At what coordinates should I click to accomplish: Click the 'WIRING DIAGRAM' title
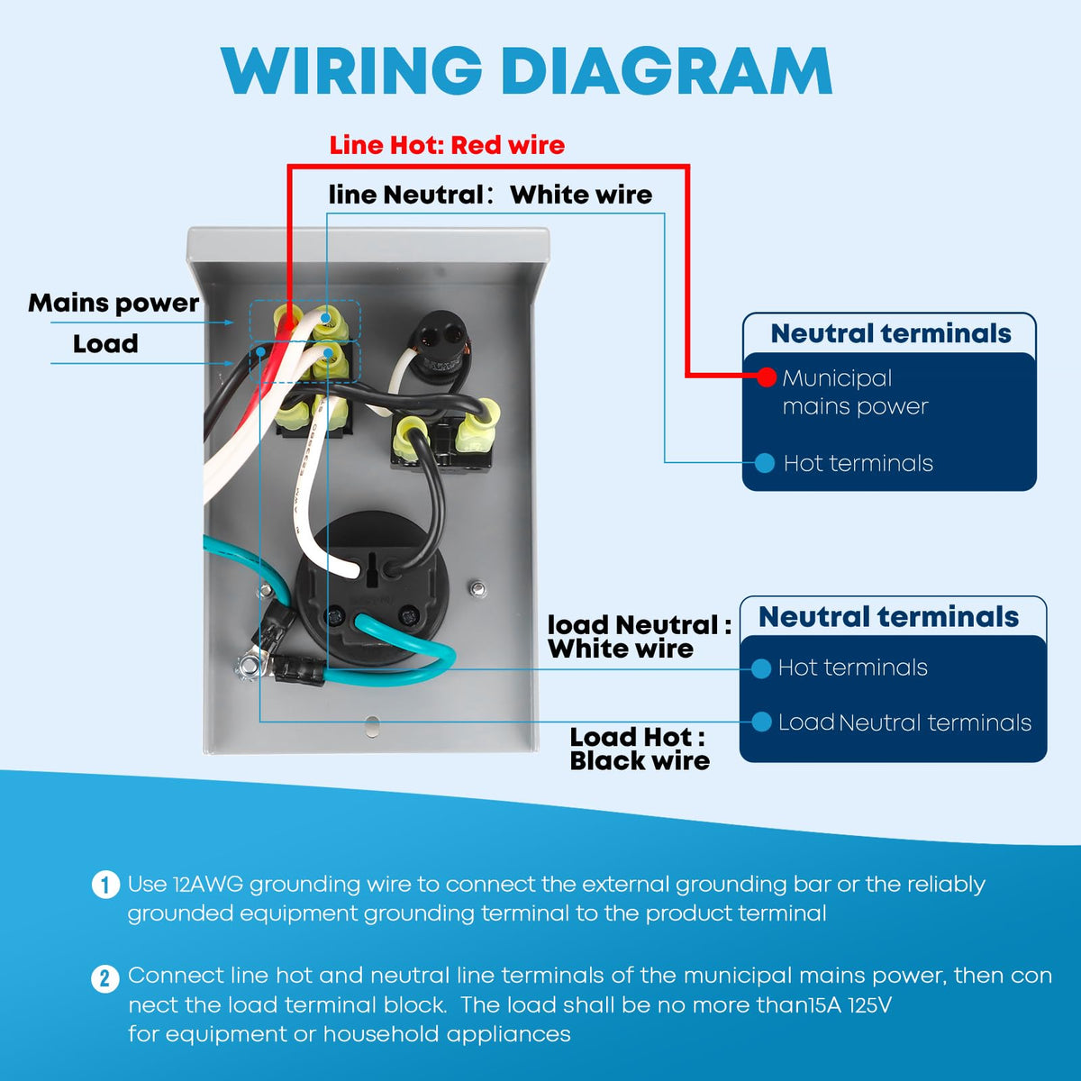pos(527,70)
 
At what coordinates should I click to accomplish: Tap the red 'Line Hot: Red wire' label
pos(447,145)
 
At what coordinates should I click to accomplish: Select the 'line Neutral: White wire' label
pos(490,195)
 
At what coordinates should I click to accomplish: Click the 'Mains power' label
pos(114,303)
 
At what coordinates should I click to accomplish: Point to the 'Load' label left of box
pos(105,343)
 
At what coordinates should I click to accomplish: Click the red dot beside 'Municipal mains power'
pos(766,377)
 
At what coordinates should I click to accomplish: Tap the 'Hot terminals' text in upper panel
pos(858,463)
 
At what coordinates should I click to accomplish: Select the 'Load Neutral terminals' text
pos(904,722)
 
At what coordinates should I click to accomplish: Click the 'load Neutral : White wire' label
pos(639,637)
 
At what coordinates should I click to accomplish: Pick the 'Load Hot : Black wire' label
pos(640,749)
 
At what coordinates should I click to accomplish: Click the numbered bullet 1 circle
pos(105,885)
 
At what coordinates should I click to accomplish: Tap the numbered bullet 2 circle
pos(105,978)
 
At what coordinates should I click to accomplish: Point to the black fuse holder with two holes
pos(441,343)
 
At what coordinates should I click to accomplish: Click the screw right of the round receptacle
pos(477,589)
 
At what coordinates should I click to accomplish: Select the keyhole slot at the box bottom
pos(372,725)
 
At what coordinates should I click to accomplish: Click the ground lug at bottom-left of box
pos(248,667)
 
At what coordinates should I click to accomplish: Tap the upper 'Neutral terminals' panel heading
pos(890,333)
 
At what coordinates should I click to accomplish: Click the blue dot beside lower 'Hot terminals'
pos(761,668)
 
